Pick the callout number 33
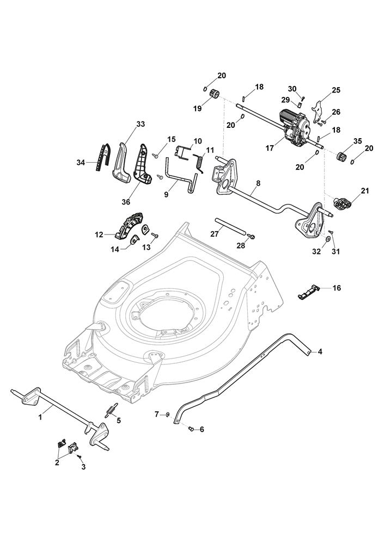140,124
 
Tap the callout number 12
99,234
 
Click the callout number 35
357,141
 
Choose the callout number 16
337,288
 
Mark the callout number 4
320,352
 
